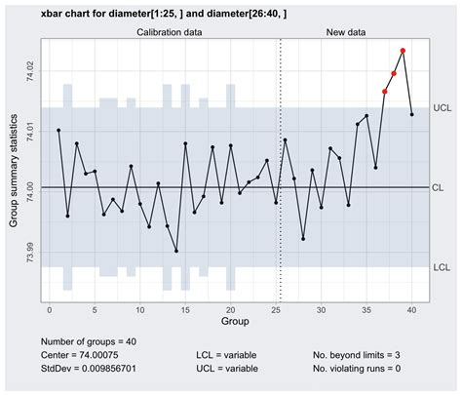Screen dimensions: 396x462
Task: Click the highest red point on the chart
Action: pos(403,51)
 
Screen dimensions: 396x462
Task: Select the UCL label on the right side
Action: pos(441,107)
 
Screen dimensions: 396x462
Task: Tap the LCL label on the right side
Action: pos(441,266)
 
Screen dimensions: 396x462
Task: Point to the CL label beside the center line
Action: pos(438,186)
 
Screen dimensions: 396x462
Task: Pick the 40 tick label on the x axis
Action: pos(411,309)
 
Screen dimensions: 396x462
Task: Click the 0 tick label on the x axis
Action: pos(50,309)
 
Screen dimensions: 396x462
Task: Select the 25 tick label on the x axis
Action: pos(276,309)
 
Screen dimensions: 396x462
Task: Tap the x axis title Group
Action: pos(234,320)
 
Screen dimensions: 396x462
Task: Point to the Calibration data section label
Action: pos(169,32)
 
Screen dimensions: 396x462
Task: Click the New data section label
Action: pos(345,32)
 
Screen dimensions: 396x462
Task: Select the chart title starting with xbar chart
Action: pos(173,13)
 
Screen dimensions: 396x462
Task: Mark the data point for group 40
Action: pos(411,114)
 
